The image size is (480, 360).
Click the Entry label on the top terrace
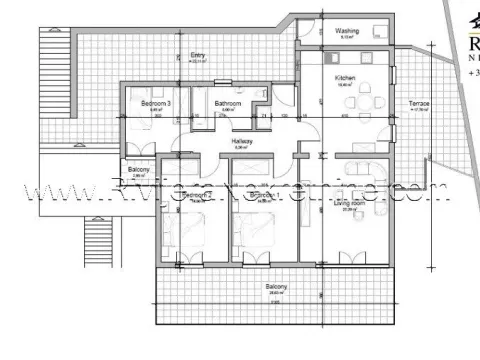[x=200, y=56]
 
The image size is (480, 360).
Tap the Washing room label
[x=347, y=31]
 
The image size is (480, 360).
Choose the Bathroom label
[x=228, y=103]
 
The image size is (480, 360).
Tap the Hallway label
[x=242, y=142]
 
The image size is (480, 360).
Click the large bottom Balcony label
[x=277, y=287]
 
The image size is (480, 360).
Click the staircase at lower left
[x=97, y=240]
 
